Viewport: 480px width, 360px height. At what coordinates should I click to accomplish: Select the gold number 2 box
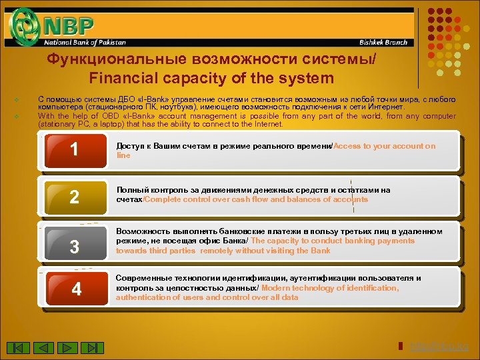tap(75, 197)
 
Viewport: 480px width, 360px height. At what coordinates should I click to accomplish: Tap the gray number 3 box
tap(75, 246)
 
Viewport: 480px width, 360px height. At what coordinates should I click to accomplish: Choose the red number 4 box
tap(75, 289)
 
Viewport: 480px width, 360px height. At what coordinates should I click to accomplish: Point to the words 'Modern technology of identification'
tap(331, 288)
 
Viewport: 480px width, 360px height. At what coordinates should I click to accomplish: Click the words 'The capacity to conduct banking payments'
tap(333, 241)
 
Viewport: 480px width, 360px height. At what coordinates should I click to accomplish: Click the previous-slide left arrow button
tap(44, 347)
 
